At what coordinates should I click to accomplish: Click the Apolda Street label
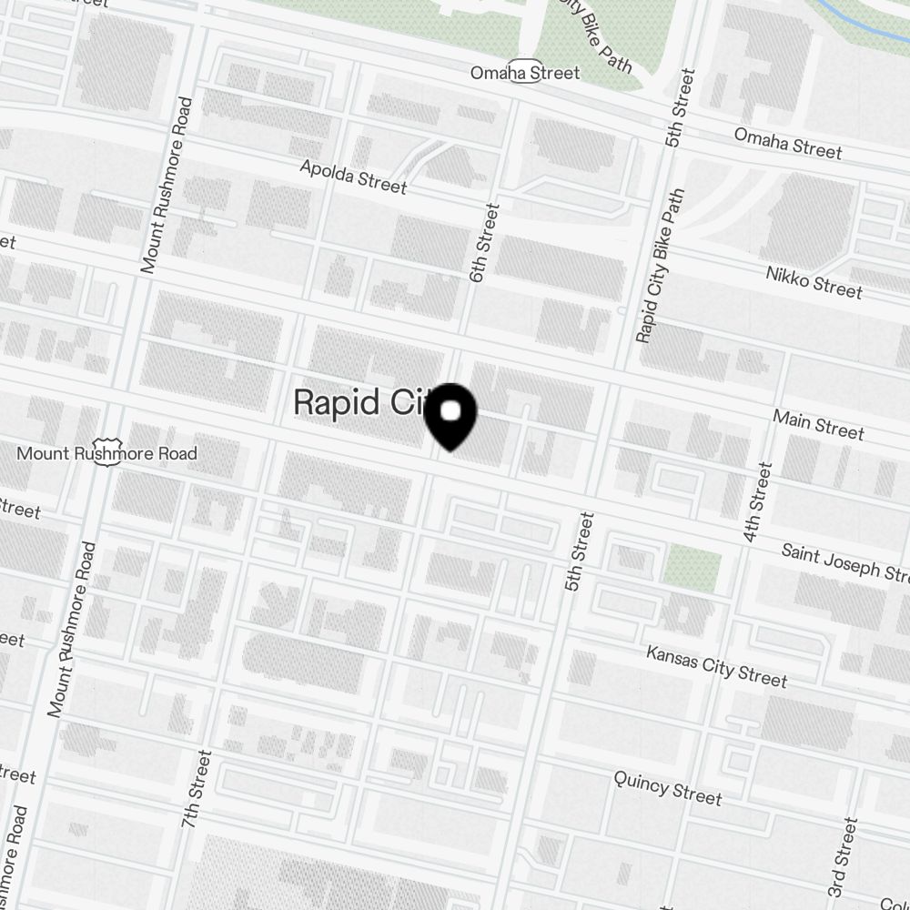353,177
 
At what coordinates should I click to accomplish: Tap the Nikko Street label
814,281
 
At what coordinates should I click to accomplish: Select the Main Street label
818,423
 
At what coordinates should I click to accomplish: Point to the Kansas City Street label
716,666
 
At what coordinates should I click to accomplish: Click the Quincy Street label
667,787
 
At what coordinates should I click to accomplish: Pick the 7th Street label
196,788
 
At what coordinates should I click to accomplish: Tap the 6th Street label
485,242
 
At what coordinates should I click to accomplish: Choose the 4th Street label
757,502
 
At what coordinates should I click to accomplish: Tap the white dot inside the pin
450,411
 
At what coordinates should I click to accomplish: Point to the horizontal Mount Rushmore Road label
107,453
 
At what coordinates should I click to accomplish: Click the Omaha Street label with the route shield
524,73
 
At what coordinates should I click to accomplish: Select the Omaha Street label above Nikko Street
788,143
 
